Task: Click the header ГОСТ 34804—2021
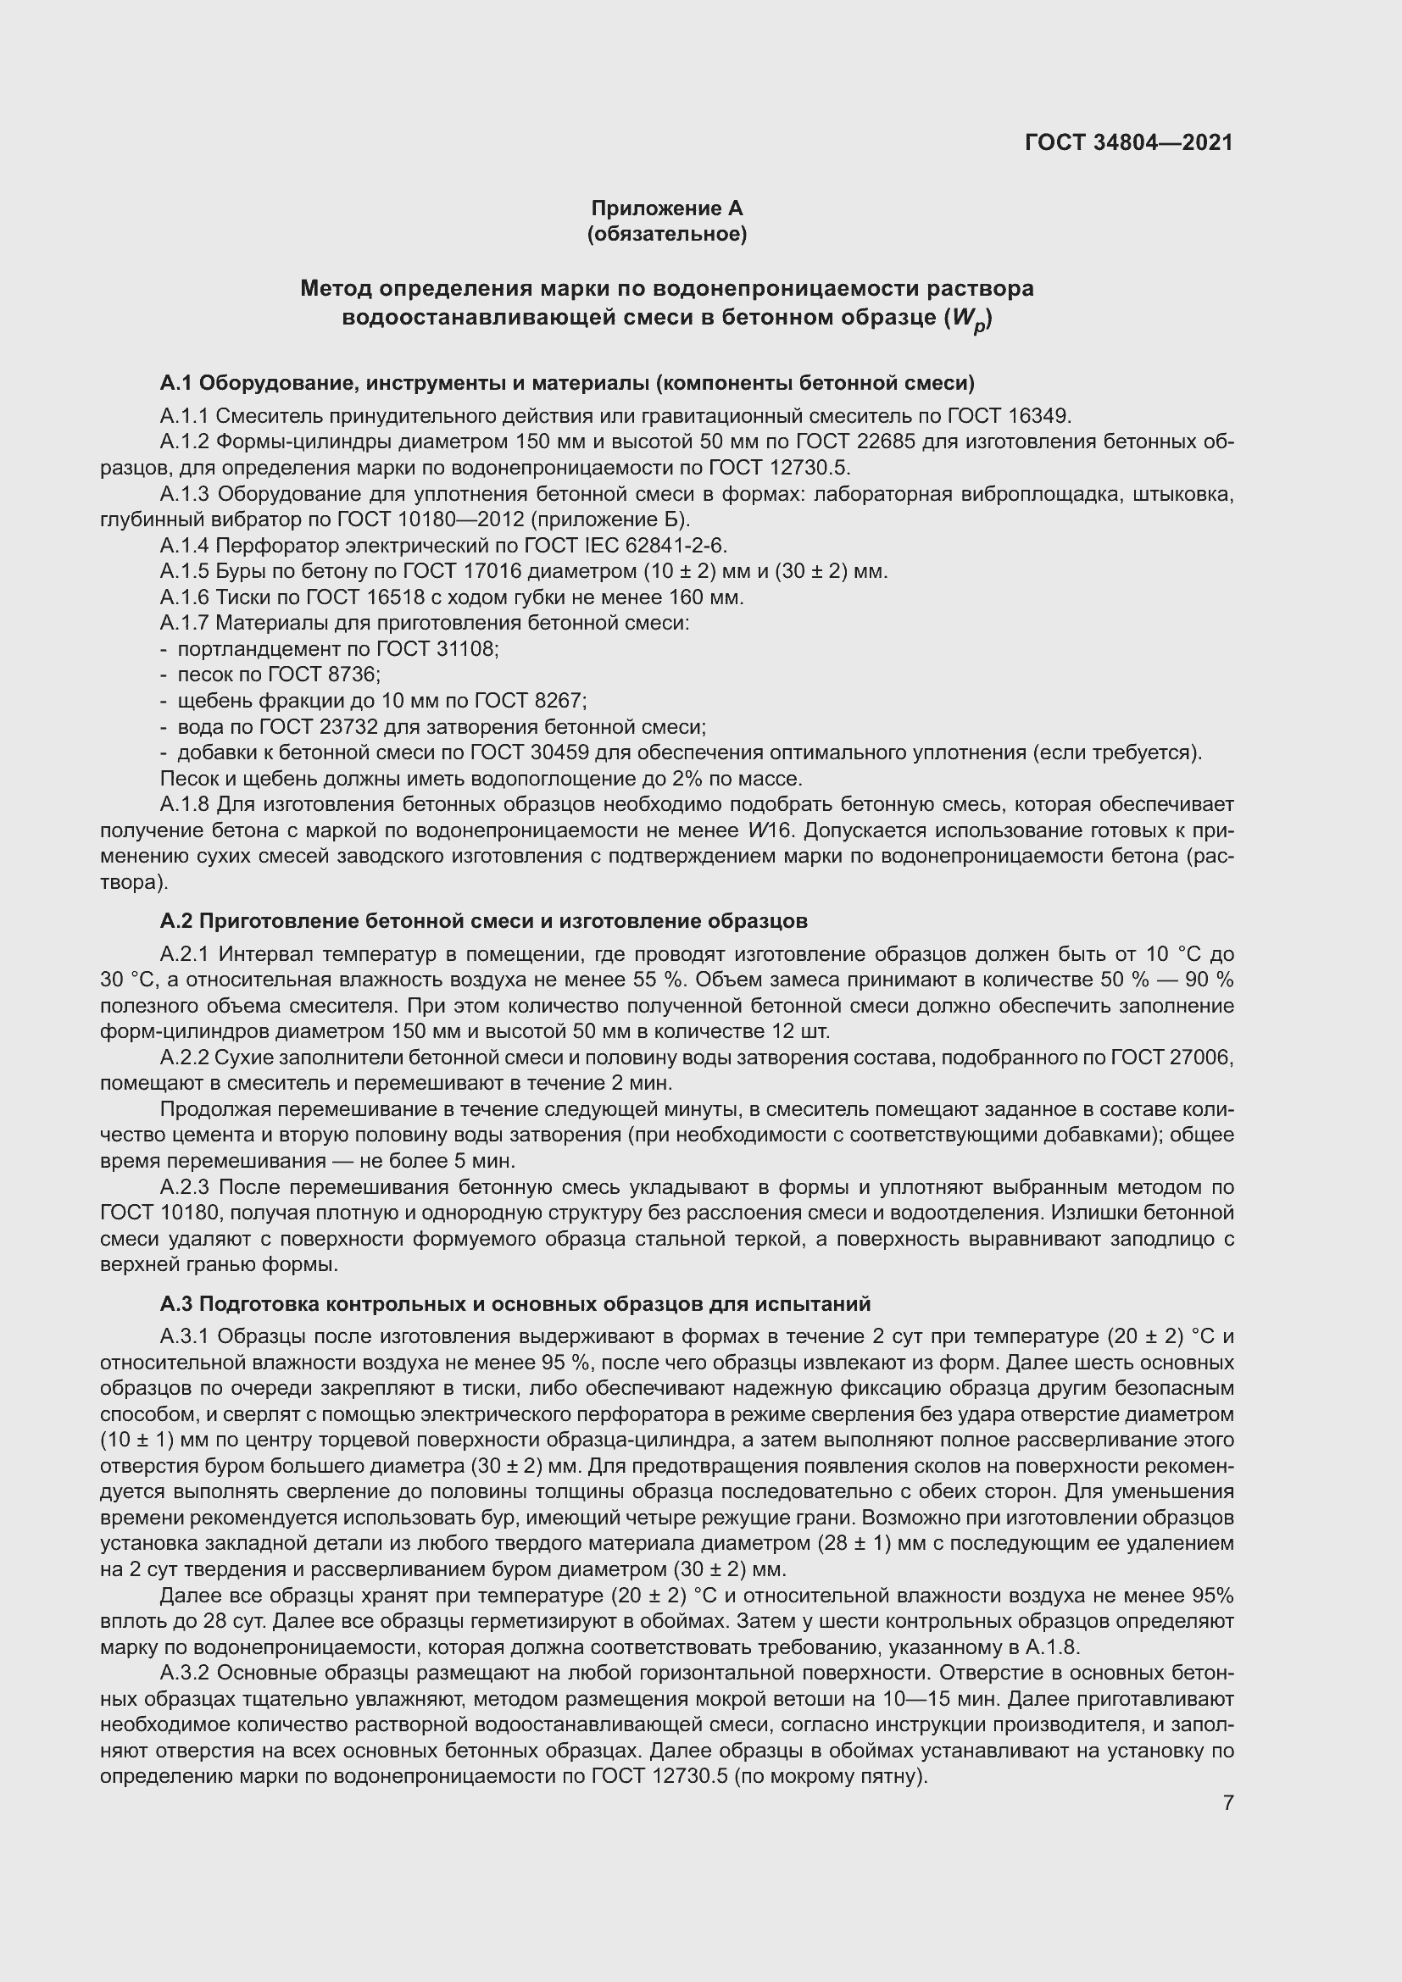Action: click(1128, 142)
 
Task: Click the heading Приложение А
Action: click(666, 208)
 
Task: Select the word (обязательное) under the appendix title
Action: click(666, 234)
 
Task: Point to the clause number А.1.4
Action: click(185, 546)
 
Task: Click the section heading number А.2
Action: click(175, 921)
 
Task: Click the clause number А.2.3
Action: click(185, 1187)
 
